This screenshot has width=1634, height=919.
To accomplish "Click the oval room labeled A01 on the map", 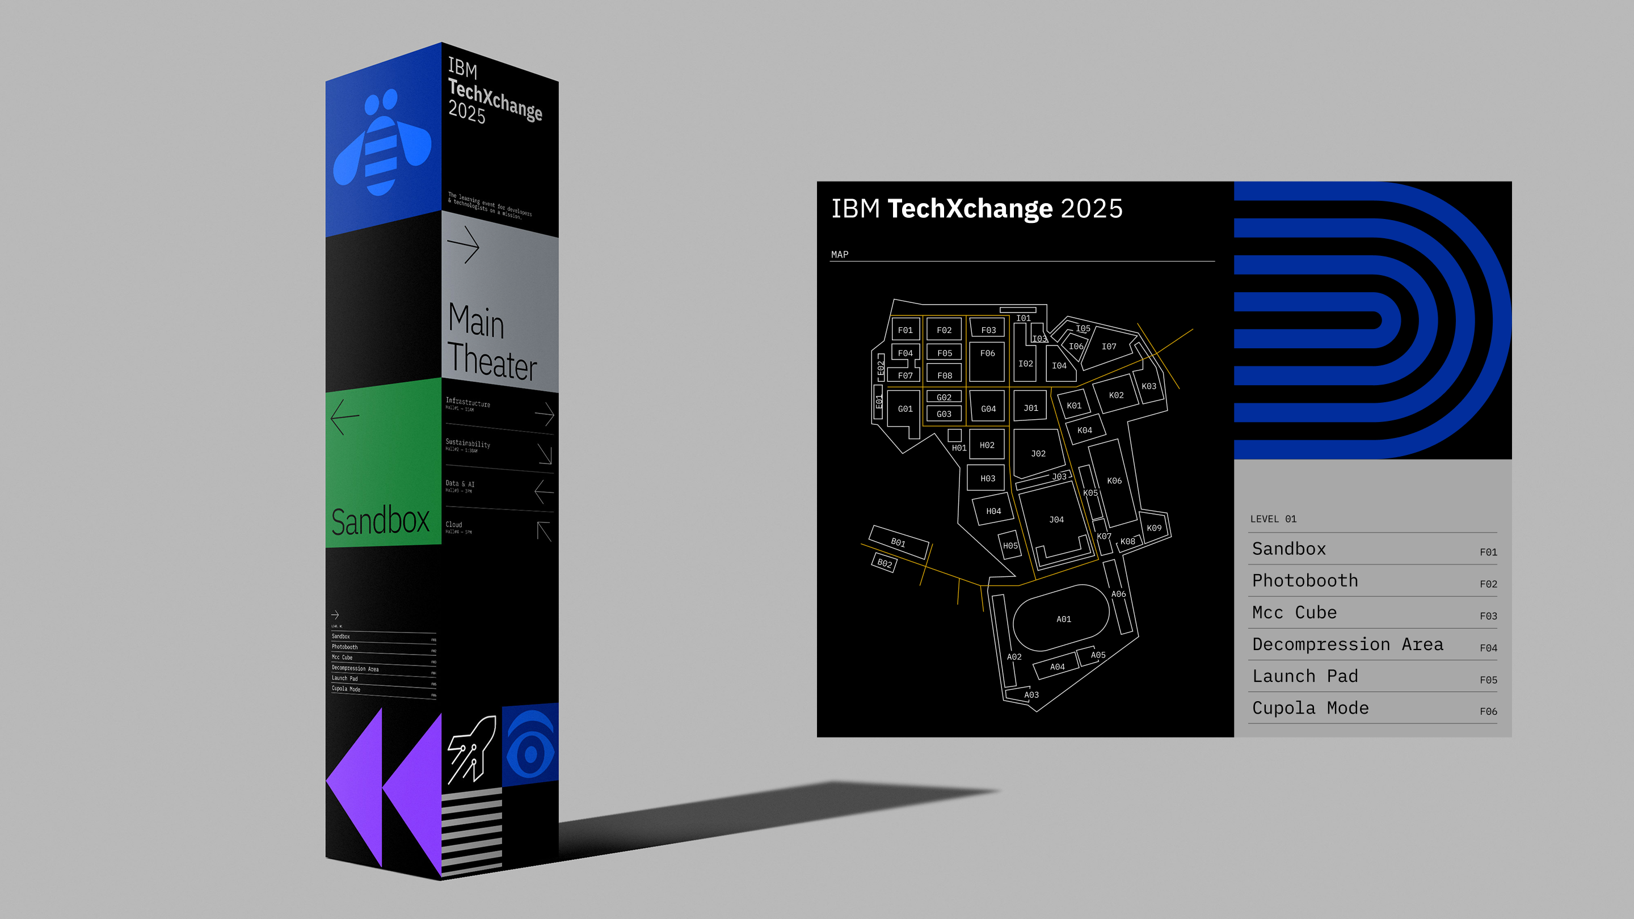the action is point(1063,619).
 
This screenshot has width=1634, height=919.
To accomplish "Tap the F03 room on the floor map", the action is point(988,330).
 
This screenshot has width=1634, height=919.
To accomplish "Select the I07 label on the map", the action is point(1109,346).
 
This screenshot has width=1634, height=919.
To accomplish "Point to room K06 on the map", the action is point(1114,480).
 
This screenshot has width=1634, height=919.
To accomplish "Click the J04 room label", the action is point(1056,520).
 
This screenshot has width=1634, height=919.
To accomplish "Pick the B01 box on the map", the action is point(898,542).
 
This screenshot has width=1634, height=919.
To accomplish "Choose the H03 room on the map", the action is point(988,478).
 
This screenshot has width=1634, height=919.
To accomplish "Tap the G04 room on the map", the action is point(988,409).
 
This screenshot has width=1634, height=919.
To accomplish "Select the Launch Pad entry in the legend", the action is point(1305,676).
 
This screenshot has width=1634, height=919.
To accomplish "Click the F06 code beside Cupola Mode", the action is point(1488,711).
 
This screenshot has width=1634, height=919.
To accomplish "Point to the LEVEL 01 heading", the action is point(1273,519).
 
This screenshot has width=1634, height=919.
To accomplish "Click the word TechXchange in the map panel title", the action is point(970,209).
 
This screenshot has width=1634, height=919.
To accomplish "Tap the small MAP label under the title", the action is point(839,254).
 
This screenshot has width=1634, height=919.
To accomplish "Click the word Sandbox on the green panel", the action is point(381,521).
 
